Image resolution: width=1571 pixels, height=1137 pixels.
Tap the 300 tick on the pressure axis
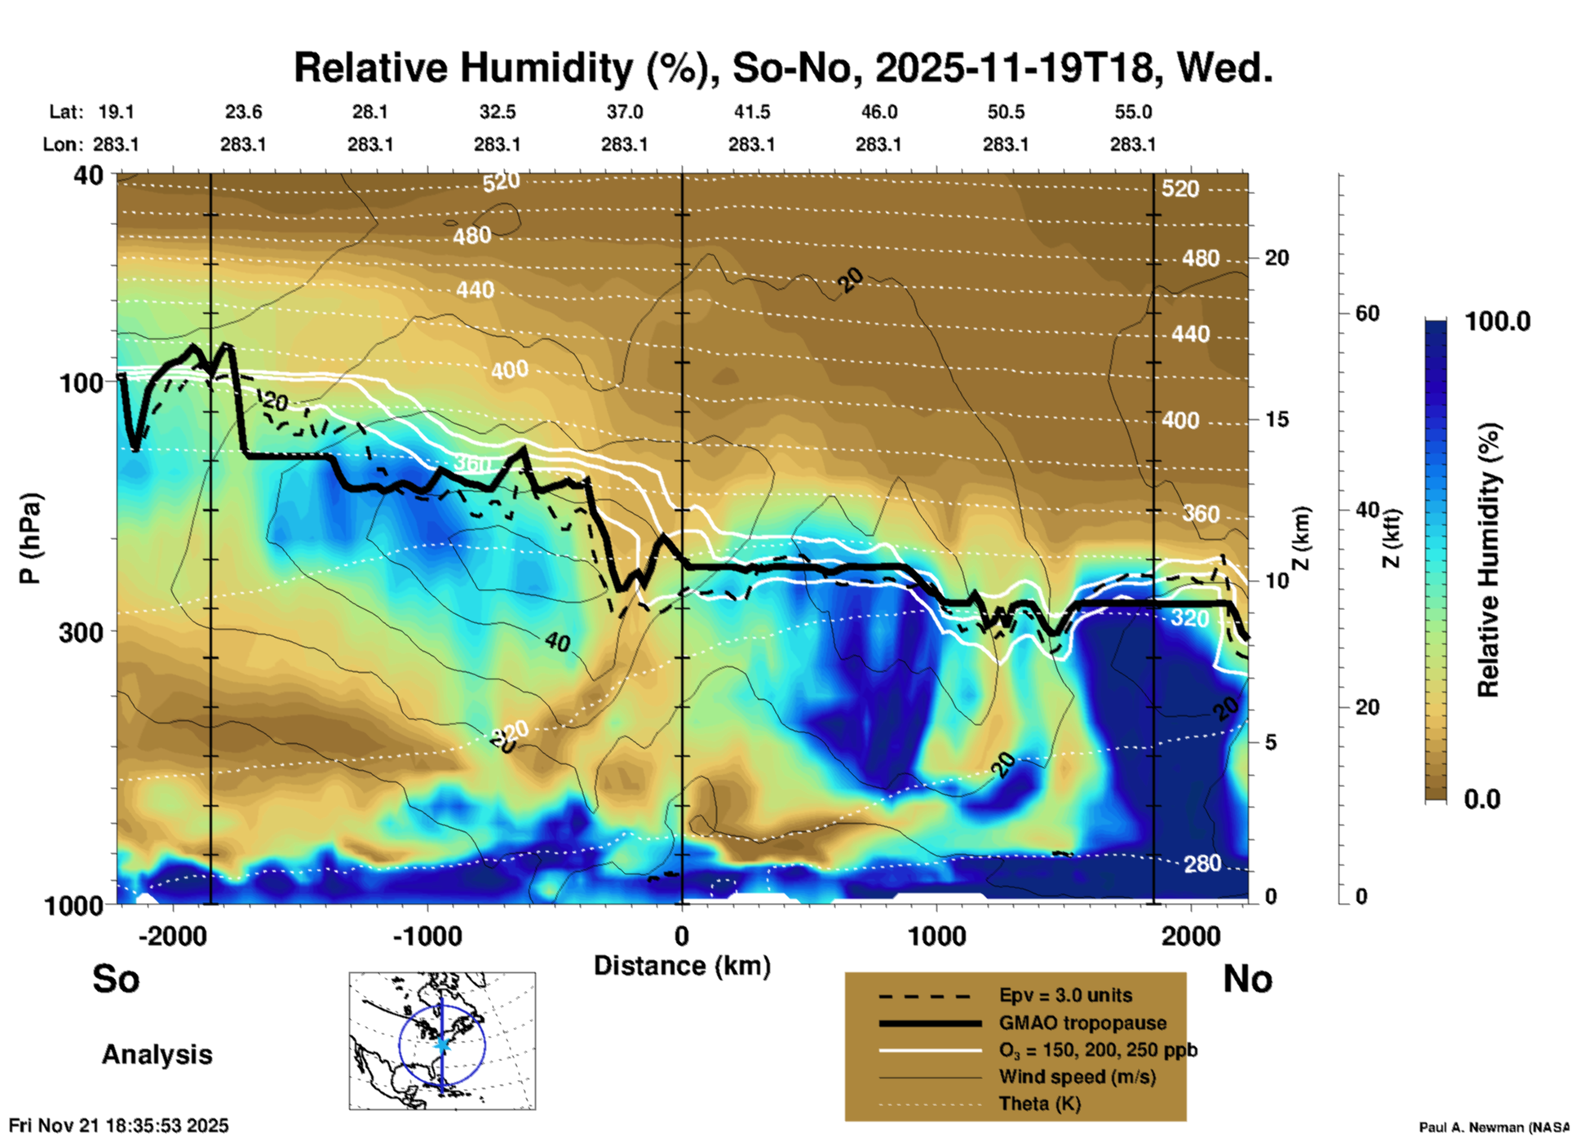point(81,632)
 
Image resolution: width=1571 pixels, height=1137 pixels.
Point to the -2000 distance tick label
point(172,936)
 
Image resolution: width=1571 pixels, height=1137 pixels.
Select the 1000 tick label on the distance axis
point(936,936)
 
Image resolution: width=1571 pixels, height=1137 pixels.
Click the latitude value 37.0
point(624,112)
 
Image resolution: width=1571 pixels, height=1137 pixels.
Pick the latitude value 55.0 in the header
point(1133,112)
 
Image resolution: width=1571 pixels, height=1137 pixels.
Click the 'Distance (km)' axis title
point(682,966)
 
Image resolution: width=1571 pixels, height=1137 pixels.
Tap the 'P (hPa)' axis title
point(30,538)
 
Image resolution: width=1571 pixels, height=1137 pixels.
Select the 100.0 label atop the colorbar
point(1498,321)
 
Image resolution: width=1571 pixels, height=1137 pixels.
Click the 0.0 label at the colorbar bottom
point(1482,799)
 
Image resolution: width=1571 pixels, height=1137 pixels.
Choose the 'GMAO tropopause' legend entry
point(1082,1023)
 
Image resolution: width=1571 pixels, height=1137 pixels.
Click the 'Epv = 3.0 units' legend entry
point(1065,995)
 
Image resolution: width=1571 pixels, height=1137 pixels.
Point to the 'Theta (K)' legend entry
point(1039,1104)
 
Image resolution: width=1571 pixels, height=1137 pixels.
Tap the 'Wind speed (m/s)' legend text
point(1077,1077)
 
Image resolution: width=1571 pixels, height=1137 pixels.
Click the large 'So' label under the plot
point(116,979)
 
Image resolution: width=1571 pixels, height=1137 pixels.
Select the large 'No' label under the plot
point(1247,979)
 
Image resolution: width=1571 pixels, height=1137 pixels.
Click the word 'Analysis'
point(157,1055)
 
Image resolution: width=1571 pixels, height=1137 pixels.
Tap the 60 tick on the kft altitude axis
point(1367,313)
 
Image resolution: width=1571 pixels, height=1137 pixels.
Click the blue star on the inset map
point(442,1044)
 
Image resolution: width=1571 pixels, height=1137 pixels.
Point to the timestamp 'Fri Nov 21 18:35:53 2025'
point(119,1126)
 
